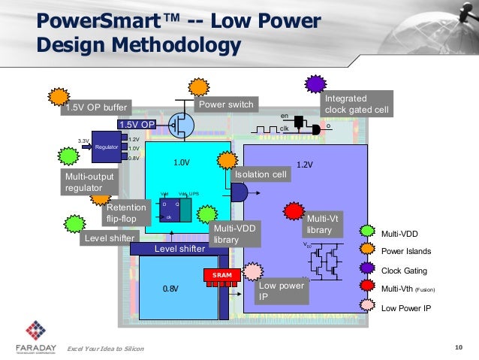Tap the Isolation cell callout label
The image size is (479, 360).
(x=261, y=174)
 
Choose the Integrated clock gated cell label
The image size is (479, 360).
(x=356, y=105)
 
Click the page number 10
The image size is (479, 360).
(x=459, y=346)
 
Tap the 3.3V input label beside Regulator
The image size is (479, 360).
(x=83, y=141)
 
